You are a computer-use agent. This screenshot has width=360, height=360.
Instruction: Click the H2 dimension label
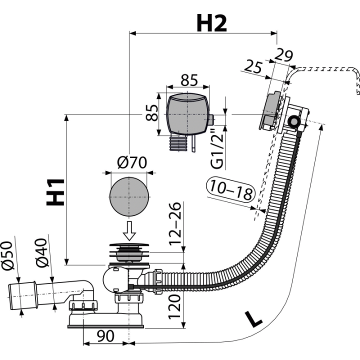[211, 23]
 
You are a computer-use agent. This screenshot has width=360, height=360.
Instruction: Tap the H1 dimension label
[55, 192]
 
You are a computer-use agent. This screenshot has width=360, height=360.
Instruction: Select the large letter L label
[253, 319]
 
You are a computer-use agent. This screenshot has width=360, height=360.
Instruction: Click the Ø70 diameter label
[132, 162]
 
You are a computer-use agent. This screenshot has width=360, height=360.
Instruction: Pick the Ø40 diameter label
[41, 253]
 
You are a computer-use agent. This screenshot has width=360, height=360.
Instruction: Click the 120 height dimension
[174, 307]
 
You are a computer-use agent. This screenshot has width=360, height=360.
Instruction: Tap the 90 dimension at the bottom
[105, 336]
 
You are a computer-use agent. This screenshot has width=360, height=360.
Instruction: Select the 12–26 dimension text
[175, 224]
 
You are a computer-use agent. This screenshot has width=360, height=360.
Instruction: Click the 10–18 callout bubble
[231, 190]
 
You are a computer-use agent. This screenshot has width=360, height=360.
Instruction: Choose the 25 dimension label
[253, 66]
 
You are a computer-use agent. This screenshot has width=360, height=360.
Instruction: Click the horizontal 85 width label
[189, 80]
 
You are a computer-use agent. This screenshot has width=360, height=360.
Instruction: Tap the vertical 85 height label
[152, 112]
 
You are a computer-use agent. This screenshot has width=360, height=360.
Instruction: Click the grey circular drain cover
[129, 197]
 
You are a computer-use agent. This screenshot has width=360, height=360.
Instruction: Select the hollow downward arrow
[129, 230]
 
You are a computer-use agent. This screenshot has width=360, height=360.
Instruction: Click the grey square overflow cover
[188, 114]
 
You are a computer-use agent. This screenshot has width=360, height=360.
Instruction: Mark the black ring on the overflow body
[294, 121]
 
